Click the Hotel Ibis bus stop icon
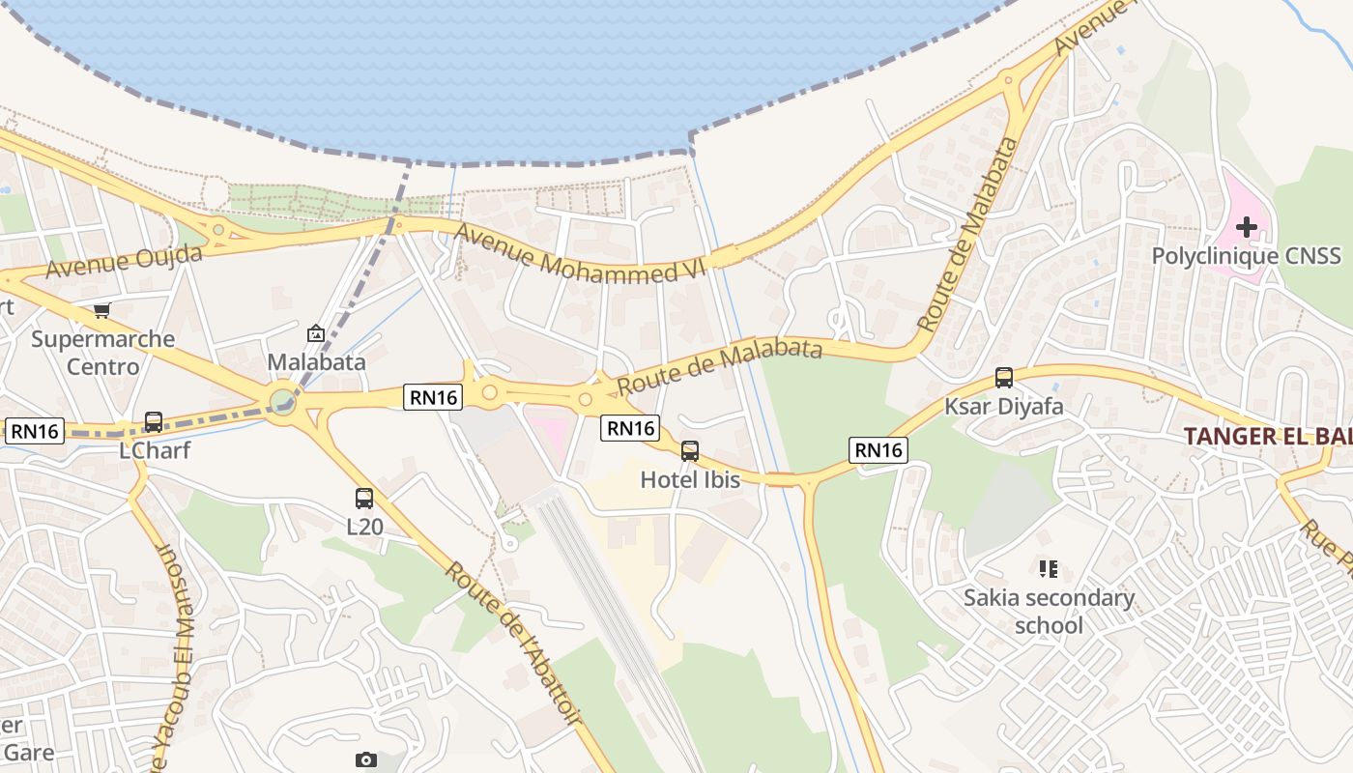pos(690,450)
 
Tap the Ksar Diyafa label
pos(1004,406)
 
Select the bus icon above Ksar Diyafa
pos(1004,378)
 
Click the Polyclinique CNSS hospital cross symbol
pos(1247,228)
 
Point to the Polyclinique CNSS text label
pos(1247,256)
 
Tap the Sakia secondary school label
pos(1049,612)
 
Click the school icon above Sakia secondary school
pos(1049,569)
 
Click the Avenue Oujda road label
pos(125,261)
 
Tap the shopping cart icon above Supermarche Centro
pos(102,310)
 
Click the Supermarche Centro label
pos(102,353)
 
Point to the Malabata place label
pos(316,362)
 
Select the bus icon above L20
pos(364,499)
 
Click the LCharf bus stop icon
pos(154,422)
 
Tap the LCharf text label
pos(155,450)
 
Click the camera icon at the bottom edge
pos(366,759)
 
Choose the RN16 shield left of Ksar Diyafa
pos(878,449)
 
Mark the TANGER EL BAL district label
pos(1267,436)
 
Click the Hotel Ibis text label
pos(690,479)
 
